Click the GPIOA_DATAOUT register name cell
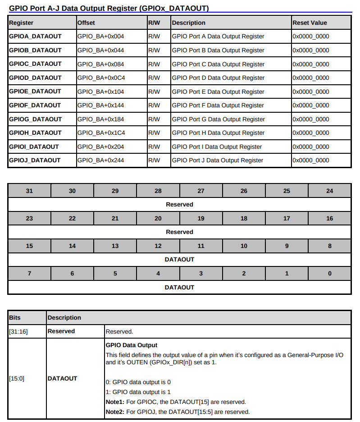tap(35, 36)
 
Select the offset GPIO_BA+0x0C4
tap(101, 78)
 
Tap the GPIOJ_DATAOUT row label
tap(35, 160)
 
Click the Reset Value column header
tap(310, 23)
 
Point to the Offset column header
tap(86, 23)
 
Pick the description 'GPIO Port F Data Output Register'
tap(218, 105)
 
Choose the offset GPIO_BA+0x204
tap(100, 147)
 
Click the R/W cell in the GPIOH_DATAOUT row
tap(154, 133)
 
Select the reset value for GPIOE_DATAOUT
tap(311, 92)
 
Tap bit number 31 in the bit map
tap(29, 191)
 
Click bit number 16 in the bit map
tap(329, 218)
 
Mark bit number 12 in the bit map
tap(158, 246)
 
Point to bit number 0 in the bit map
tap(329, 273)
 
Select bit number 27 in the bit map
tap(201, 191)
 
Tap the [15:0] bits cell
tap(17, 378)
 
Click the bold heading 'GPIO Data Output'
tap(131, 345)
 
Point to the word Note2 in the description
tap(114, 412)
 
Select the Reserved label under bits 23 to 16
tap(179, 232)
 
